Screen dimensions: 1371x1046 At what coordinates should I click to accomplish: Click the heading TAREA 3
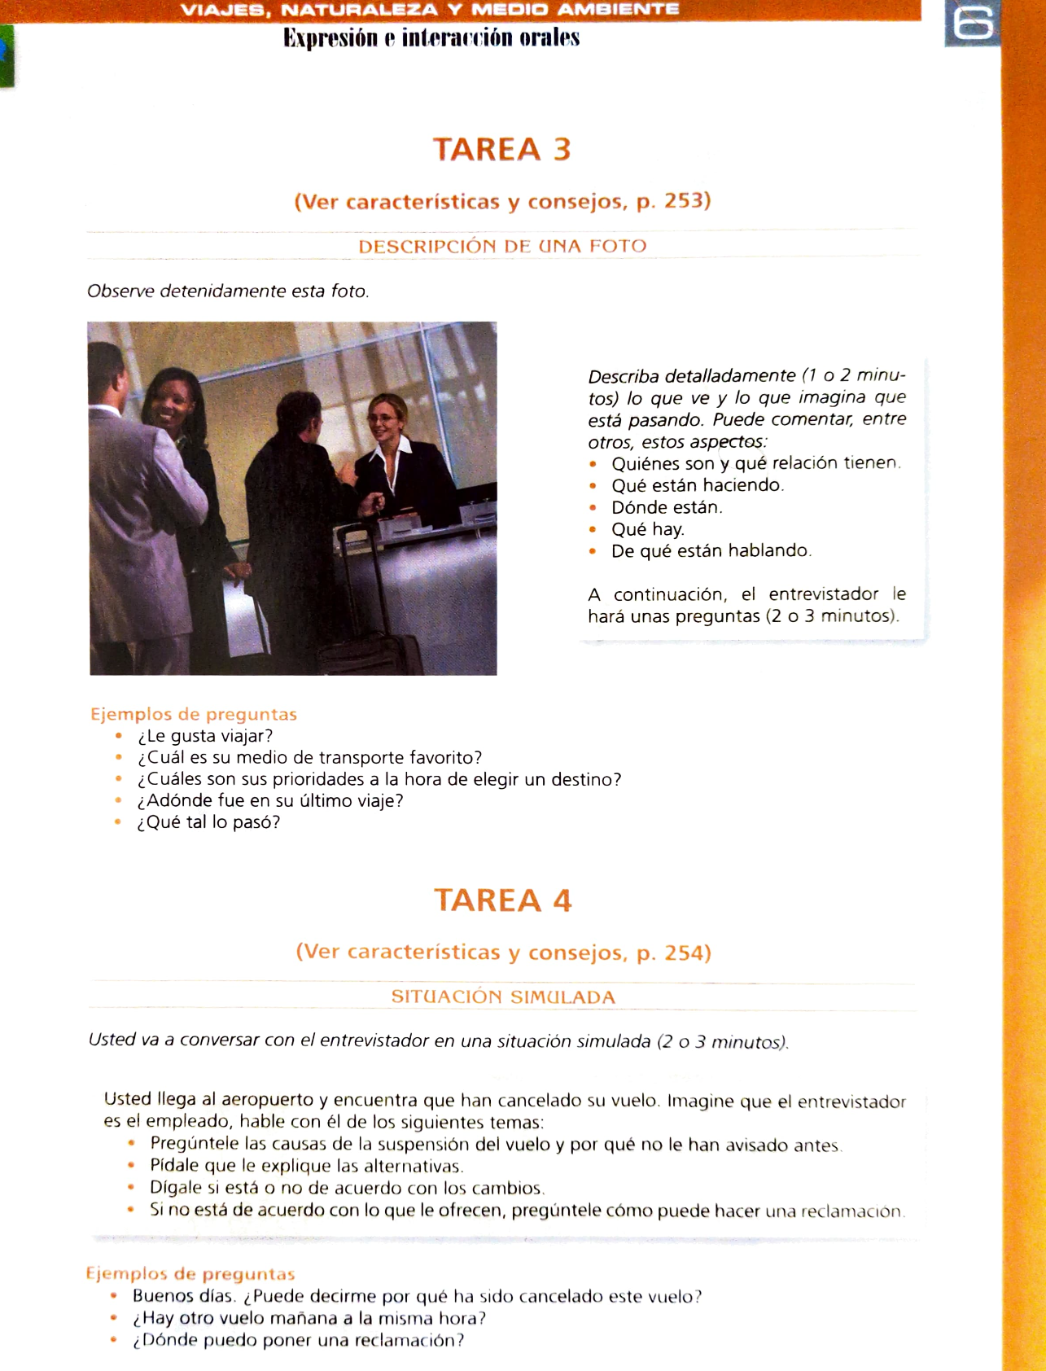pyautogui.click(x=501, y=150)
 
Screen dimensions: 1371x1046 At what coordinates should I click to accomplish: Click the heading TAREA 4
pyautogui.click(x=502, y=900)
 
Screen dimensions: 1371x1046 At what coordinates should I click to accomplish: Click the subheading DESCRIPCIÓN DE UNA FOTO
pyautogui.click(x=502, y=246)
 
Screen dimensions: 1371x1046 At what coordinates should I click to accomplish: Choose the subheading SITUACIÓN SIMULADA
pyautogui.click(x=503, y=996)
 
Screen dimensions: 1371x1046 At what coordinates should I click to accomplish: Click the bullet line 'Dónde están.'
pyautogui.click(x=667, y=507)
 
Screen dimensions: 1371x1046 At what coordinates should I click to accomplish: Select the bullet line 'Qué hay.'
pyautogui.click(x=647, y=529)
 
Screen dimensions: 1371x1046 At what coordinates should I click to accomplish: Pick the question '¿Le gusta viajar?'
pyautogui.click(x=204, y=736)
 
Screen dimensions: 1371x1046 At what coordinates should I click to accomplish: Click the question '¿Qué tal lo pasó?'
pyautogui.click(x=208, y=822)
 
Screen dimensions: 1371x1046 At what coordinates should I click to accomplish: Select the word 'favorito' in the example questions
pyautogui.click(x=444, y=758)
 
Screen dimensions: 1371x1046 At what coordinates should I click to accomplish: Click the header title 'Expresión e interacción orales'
pyautogui.click(x=431, y=38)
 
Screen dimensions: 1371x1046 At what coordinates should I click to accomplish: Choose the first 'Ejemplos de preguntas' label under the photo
pyautogui.click(x=194, y=714)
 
